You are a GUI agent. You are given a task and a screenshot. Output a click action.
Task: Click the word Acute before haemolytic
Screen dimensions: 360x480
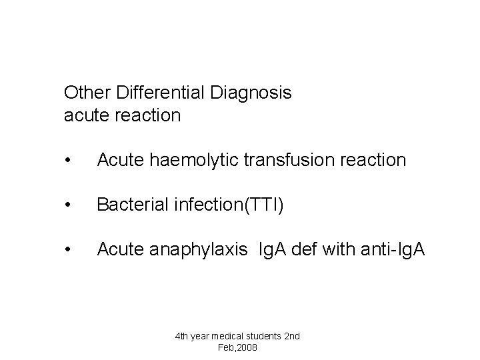click(117, 160)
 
